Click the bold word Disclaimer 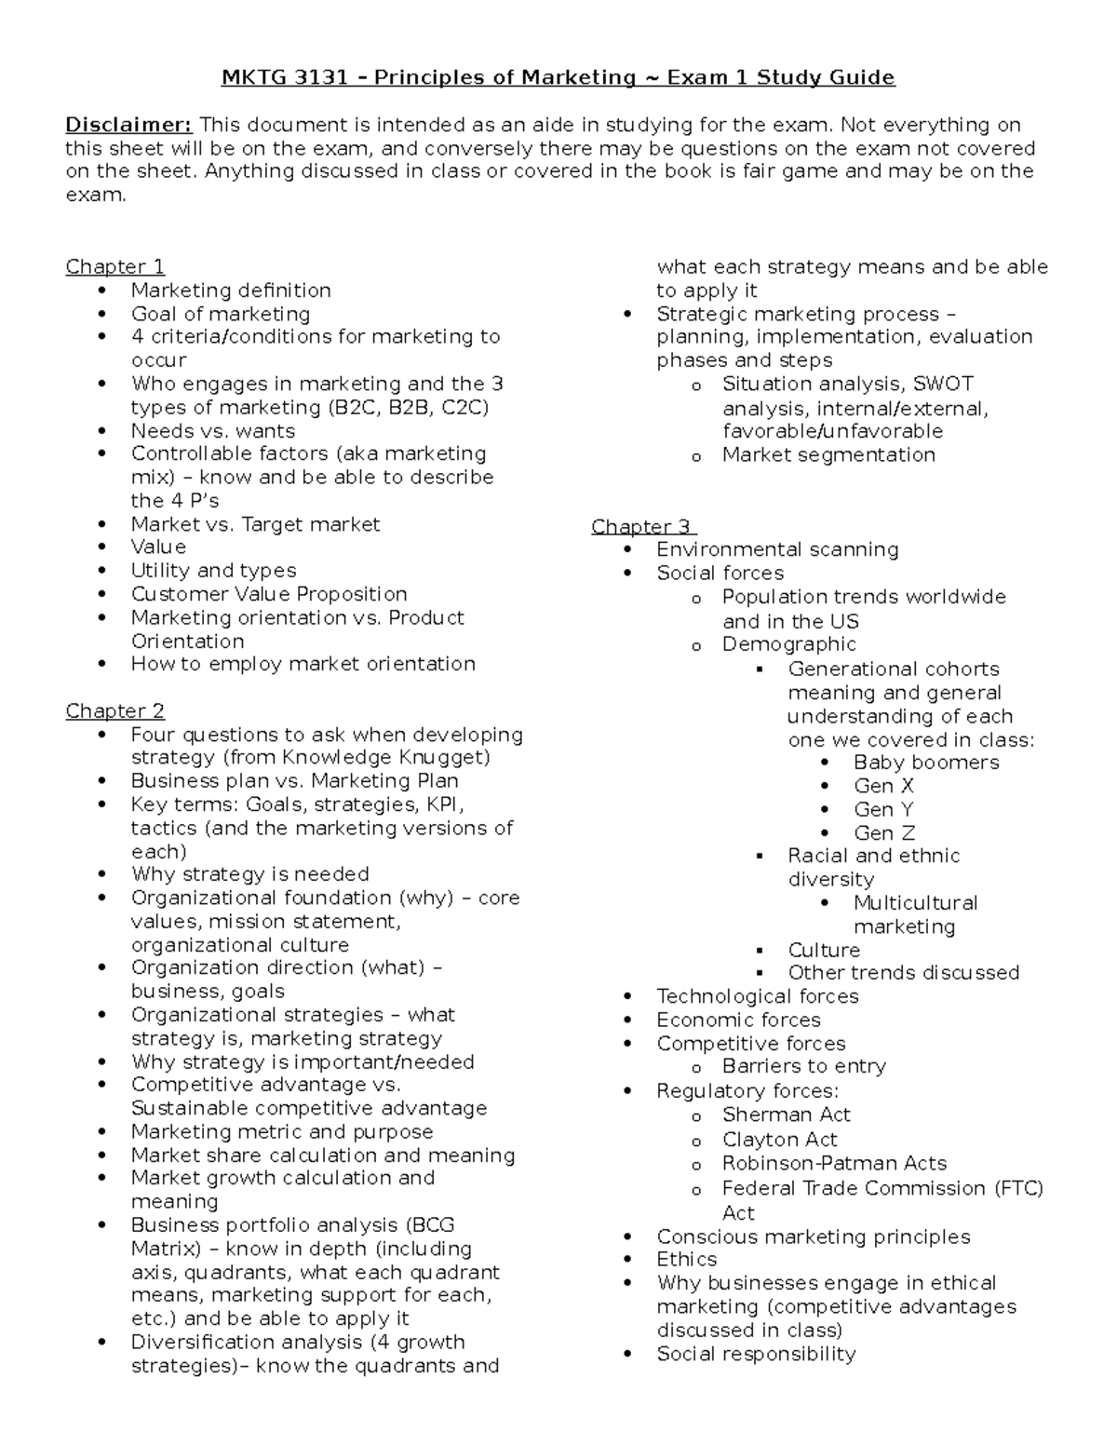(128, 125)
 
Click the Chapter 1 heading (114, 267)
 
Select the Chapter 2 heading (114, 711)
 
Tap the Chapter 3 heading (642, 527)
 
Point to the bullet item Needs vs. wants (213, 431)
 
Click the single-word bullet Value (158, 547)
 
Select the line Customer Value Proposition (269, 594)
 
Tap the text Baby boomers (926, 763)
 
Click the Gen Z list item (884, 833)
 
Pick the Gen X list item (883, 786)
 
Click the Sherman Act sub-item (786, 1115)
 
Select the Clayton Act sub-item (779, 1140)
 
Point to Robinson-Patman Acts (834, 1164)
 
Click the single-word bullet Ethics (687, 1260)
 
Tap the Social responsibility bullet (756, 1355)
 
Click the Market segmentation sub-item (828, 455)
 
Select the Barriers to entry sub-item (803, 1067)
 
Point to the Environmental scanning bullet (777, 549)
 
